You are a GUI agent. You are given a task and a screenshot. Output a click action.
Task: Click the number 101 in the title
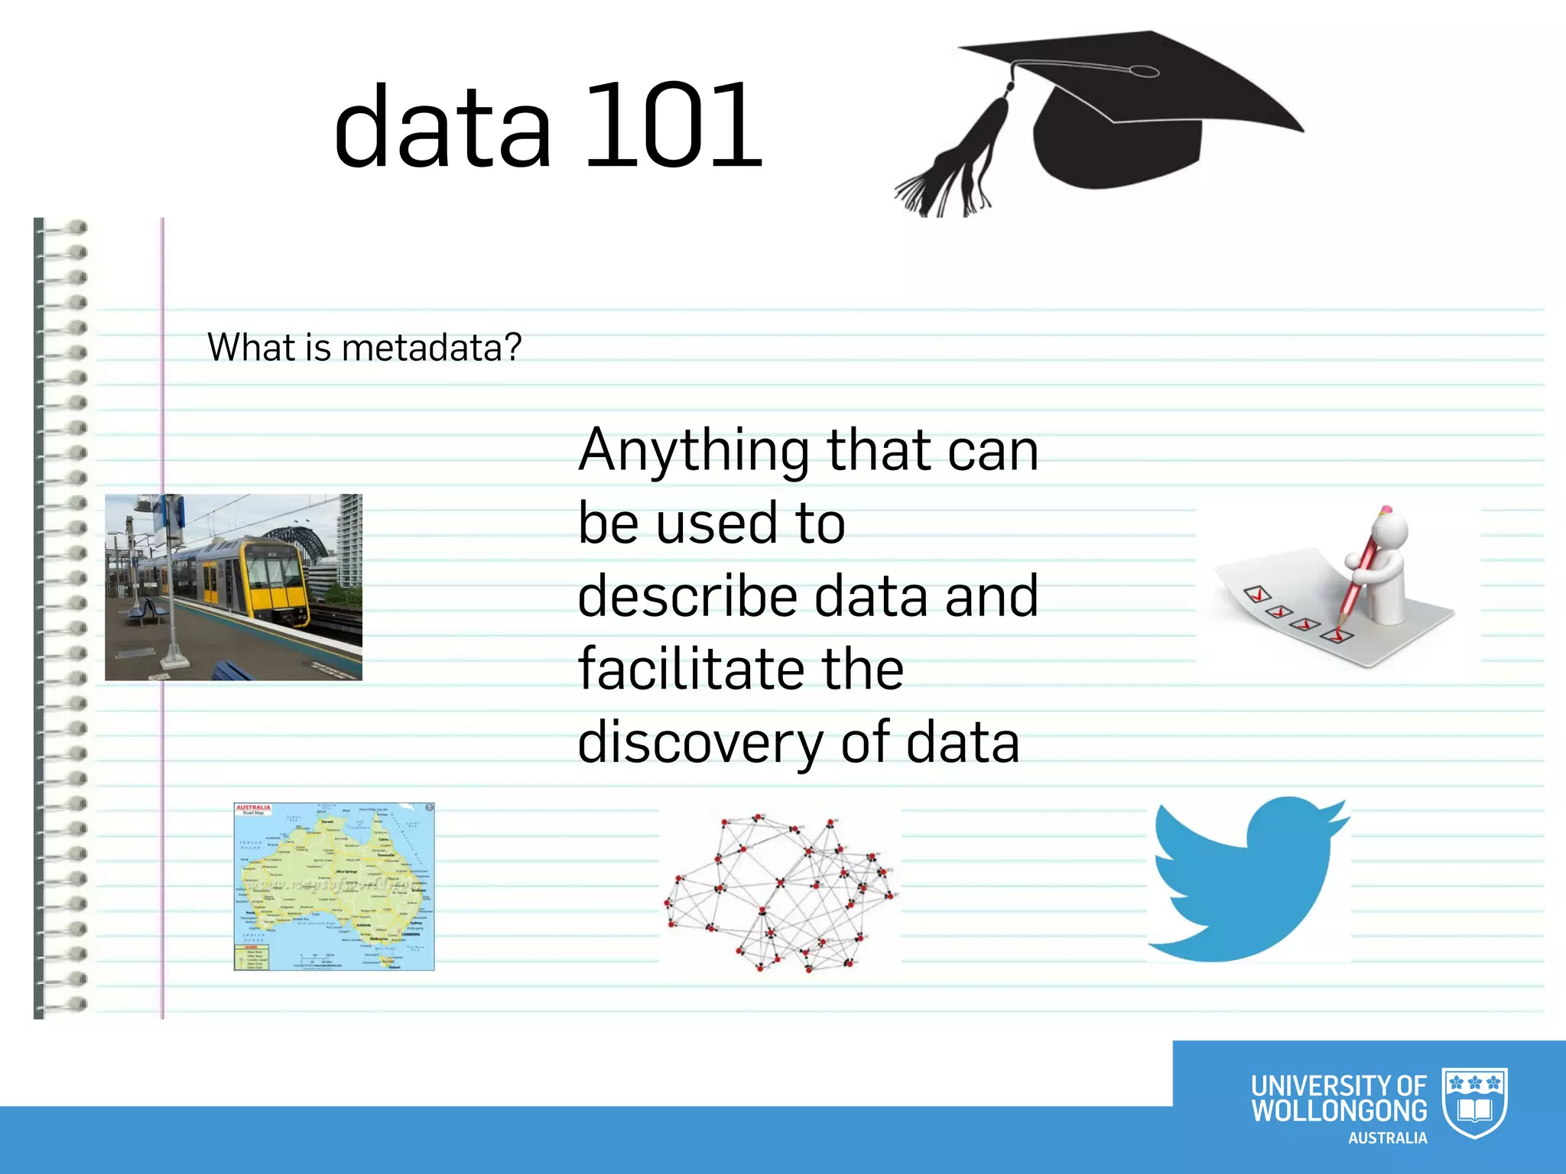coord(673,126)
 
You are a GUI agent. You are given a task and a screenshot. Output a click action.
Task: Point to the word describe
coord(687,596)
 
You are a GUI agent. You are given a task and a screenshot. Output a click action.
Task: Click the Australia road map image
coord(334,887)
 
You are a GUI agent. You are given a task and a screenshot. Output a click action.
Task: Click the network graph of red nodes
coord(780,890)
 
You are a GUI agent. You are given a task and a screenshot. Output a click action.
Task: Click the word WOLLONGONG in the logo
coord(1338,1111)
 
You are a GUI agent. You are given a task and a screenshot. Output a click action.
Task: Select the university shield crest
coord(1474,1101)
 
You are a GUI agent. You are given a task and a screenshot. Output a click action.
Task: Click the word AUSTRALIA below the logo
coord(1387,1138)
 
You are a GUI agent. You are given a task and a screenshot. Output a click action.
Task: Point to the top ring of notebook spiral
coord(65,227)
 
